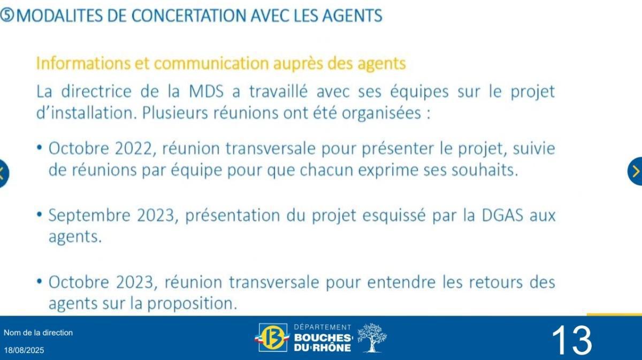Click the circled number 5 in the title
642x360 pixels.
point(7,16)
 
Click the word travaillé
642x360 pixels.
point(278,91)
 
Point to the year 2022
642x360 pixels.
point(133,149)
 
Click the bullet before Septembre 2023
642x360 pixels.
point(40,215)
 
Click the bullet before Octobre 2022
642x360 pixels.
point(40,147)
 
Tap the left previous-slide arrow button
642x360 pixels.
point(3,172)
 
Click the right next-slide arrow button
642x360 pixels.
point(636,171)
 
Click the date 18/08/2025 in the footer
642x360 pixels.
point(24,350)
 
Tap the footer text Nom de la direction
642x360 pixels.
point(38,333)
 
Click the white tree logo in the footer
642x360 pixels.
point(371,338)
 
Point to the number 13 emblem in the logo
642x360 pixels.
point(273,338)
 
